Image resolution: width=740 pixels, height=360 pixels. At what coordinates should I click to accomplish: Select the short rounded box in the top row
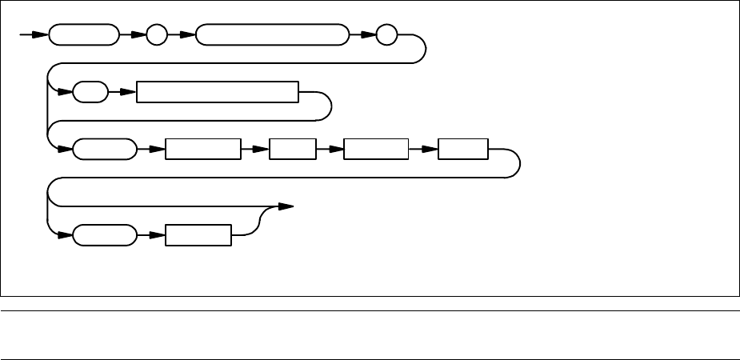(x=83, y=36)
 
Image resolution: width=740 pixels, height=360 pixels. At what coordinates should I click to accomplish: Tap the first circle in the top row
(x=158, y=36)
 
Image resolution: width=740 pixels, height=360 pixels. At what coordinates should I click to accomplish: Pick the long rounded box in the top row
(x=273, y=36)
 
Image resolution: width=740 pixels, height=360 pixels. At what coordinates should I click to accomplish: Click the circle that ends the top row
(x=387, y=36)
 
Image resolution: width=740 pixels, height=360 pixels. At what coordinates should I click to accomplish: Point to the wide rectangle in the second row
(x=218, y=93)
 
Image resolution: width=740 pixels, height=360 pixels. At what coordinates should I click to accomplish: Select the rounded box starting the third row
(x=105, y=150)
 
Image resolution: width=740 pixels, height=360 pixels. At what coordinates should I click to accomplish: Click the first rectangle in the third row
(x=202, y=150)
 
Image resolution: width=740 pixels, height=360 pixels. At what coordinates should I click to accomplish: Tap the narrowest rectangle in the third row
(x=293, y=150)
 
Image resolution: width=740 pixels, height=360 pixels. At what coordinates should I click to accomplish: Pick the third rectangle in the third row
(x=375, y=150)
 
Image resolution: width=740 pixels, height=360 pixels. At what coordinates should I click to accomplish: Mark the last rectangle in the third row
(x=464, y=150)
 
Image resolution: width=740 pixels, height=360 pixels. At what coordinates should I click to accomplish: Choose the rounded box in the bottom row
(x=105, y=236)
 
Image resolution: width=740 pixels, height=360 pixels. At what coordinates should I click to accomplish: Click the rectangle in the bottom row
(x=198, y=236)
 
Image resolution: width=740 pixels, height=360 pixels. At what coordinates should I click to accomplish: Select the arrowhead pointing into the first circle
(x=141, y=36)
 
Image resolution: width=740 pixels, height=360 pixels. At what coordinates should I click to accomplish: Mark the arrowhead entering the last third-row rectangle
(x=433, y=150)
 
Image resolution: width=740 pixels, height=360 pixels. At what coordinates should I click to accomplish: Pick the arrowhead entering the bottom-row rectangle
(x=158, y=236)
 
